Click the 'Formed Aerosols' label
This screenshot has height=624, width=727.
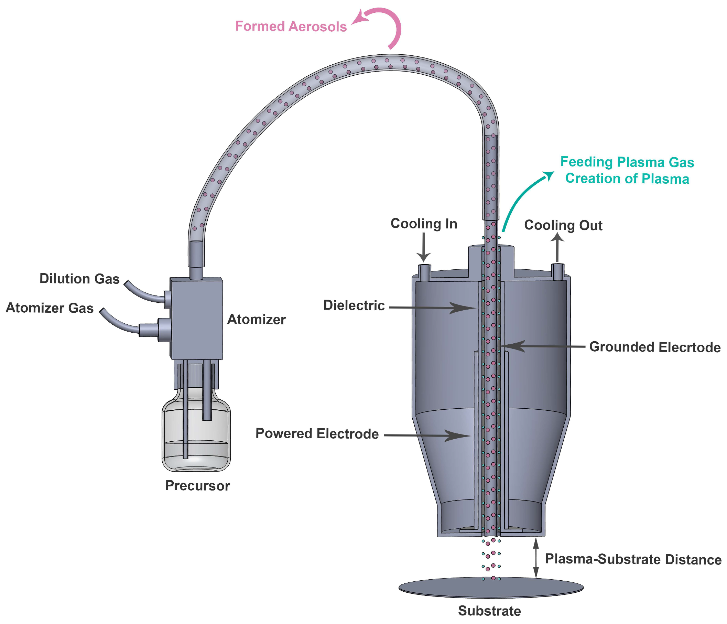[x=291, y=27]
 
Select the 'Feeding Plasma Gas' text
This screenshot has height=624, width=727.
[x=627, y=162]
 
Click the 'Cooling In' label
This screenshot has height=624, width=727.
[x=423, y=224]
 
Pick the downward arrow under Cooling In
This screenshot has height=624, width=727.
[x=423, y=247]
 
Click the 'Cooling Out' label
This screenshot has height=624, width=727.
[x=563, y=225]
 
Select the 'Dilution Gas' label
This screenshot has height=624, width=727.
[x=79, y=279]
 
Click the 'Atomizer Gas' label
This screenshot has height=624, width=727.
[x=50, y=308]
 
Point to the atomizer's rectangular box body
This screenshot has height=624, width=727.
[x=196, y=318]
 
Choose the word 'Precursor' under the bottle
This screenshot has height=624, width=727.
[x=197, y=486]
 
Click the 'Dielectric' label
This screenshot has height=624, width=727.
[x=354, y=305]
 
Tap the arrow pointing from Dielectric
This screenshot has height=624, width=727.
[x=432, y=308]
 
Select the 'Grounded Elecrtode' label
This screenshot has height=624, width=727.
[x=655, y=347]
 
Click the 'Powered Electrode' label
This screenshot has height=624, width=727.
[x=317, y=433]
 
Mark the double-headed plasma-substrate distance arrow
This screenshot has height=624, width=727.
[x=536, y=558]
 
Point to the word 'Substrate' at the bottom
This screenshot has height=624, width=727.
[x=489, y=611]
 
